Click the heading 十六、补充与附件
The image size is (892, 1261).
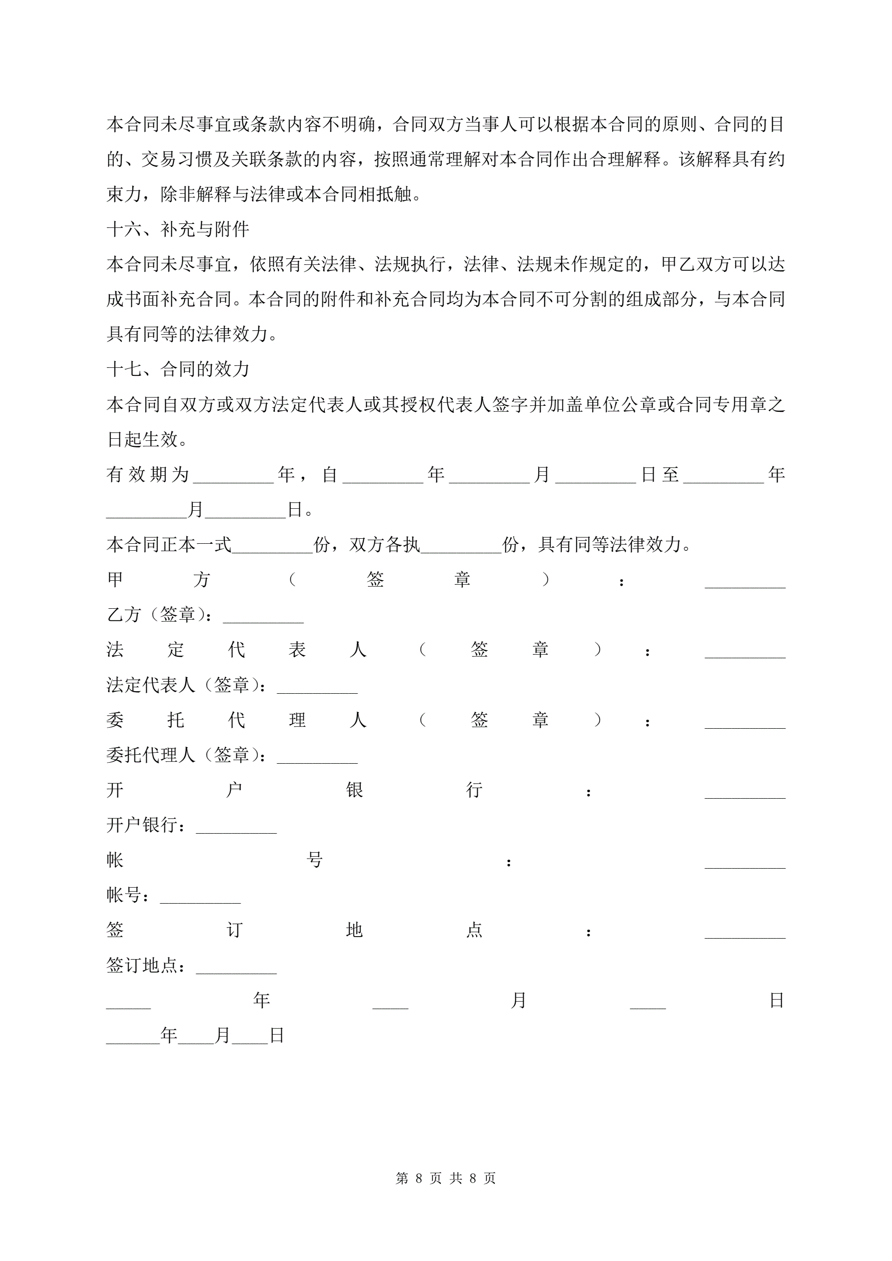177,229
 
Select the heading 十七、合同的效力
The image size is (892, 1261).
177,369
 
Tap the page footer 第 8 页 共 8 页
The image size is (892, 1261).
445,1178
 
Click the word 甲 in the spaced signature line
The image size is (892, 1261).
115,579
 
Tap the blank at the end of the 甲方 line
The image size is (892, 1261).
745,582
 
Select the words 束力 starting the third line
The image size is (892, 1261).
123,194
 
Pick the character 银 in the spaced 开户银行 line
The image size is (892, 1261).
354,790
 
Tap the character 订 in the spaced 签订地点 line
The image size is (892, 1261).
234,930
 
